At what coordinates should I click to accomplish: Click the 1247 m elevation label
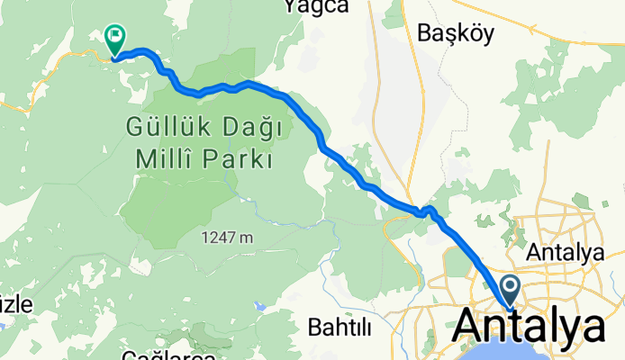pyautogui.click(x=226, y=238)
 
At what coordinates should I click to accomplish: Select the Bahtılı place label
pyautogui.click(x=340, y=327)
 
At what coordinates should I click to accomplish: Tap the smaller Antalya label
pyautogui.click(x=566, y=253)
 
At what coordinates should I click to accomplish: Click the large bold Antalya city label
pyautogui.click(x=531, y=327)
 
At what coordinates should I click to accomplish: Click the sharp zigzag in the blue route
pyautogui.click(x=428, y=211)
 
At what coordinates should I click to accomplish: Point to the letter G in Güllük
pyautogui.click(x=133, y=126)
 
